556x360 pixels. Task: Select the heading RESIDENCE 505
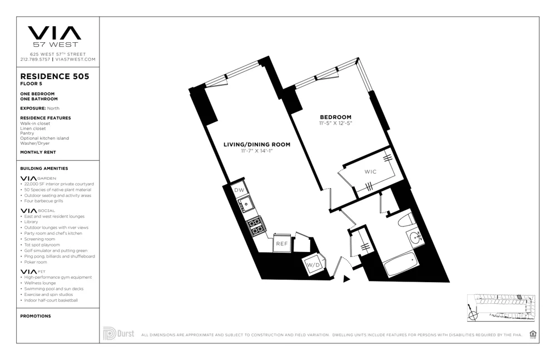(x=54, y=77)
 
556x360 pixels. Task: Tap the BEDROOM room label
(x=335, y=117)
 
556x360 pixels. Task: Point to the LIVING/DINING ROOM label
(x=256, y=145)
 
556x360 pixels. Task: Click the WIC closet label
(x=370, y=171)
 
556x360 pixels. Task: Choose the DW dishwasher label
(x=239, y=190)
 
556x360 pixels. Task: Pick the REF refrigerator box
(x=281, y=244)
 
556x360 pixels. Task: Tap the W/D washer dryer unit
(x=313, y=265)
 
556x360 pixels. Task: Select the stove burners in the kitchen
(x=256, y=225)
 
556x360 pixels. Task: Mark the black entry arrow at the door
(x=346, y=279)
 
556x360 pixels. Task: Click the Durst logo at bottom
(x=118, y=333)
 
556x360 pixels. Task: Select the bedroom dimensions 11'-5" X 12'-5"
(x=335, y=123)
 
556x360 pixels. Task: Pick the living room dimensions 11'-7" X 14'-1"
(x=256, y=151)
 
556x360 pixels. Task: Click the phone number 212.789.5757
(x=35, y=59)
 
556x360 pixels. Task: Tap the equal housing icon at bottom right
(x=533, y=334)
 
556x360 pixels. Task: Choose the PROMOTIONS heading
(x=36, y=316)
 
